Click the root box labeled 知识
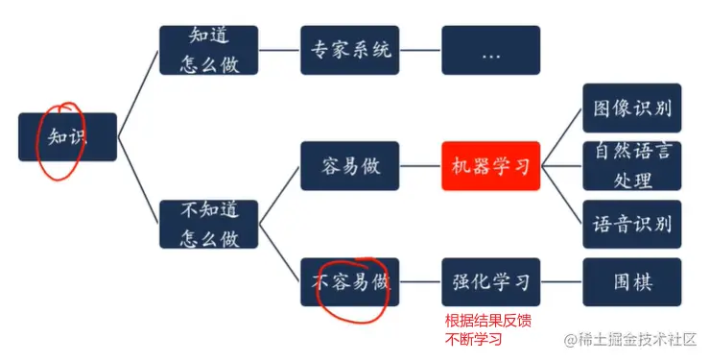67,137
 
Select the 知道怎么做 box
208,50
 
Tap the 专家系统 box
347,50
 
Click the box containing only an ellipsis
490,50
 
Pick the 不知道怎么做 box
208,224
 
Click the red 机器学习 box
490,165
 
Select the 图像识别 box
632,108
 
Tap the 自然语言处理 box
632,165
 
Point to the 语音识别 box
632,224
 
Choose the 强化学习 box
490,282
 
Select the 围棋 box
632,282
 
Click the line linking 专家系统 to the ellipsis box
418,50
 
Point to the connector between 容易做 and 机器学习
418,165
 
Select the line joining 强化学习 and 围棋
561,282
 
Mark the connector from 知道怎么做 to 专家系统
278,50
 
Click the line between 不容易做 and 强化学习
418,282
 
